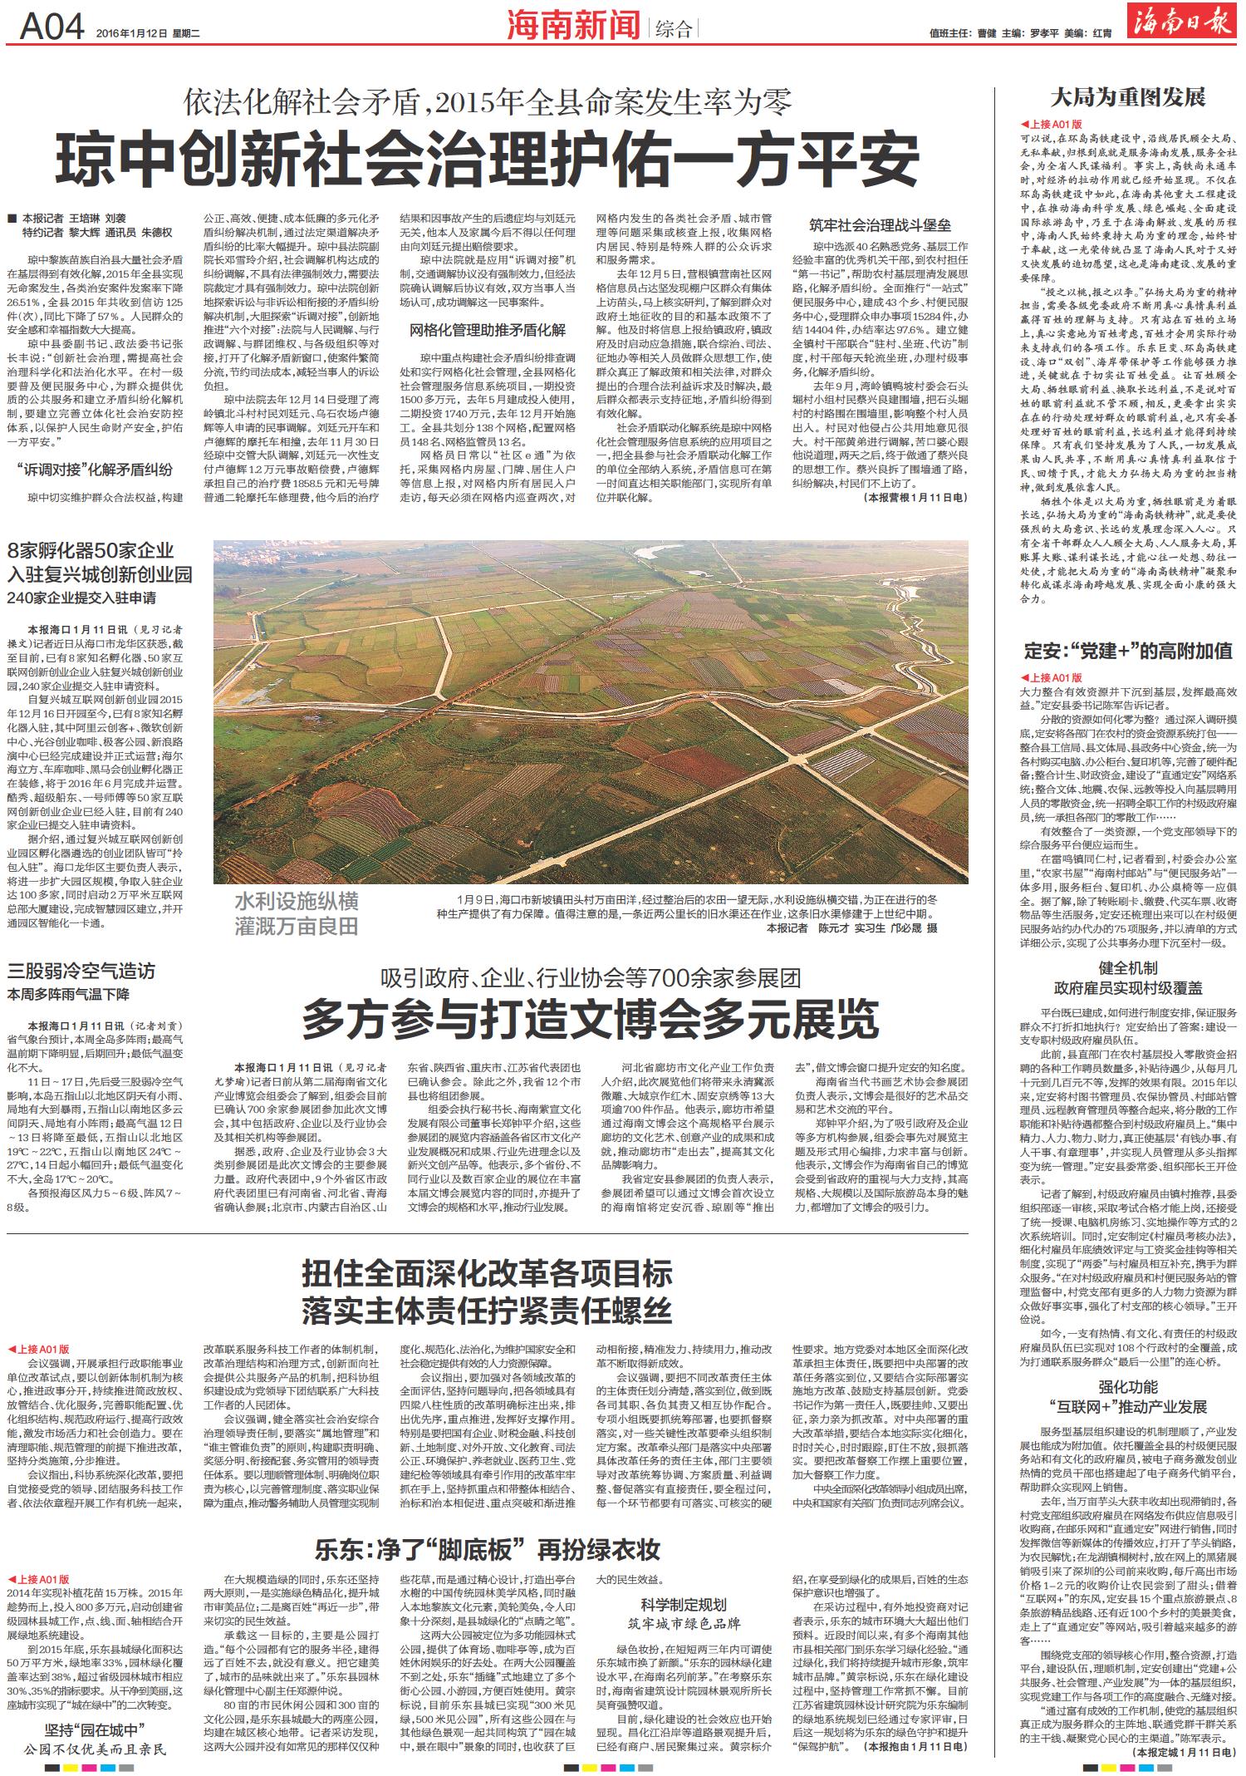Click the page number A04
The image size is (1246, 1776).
tap(52, 29)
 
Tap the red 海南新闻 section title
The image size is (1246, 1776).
tap(574, 27)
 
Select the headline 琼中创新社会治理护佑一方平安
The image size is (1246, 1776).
tap(488, 158)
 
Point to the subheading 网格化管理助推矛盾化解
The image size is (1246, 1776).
tap(488, 330)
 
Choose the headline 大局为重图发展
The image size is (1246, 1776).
tap(1127, 98)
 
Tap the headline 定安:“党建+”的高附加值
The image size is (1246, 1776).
tap(1127, 651)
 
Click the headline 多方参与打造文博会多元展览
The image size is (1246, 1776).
tap(590, 1019)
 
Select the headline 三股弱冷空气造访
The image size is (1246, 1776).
tap(81, 971)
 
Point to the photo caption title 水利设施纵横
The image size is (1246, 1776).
tap(296, 902)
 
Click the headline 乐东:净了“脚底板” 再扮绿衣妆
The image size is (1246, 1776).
tap(488, 1549)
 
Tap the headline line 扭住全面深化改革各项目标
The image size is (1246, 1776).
tap(487, 1274)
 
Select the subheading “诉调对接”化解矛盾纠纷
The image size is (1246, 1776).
tap(94, 470)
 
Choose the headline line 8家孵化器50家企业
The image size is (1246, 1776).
tap(91, 550)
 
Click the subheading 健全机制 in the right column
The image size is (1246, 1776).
tap(1127, 968)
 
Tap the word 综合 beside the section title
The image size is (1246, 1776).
tap(673, 31)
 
